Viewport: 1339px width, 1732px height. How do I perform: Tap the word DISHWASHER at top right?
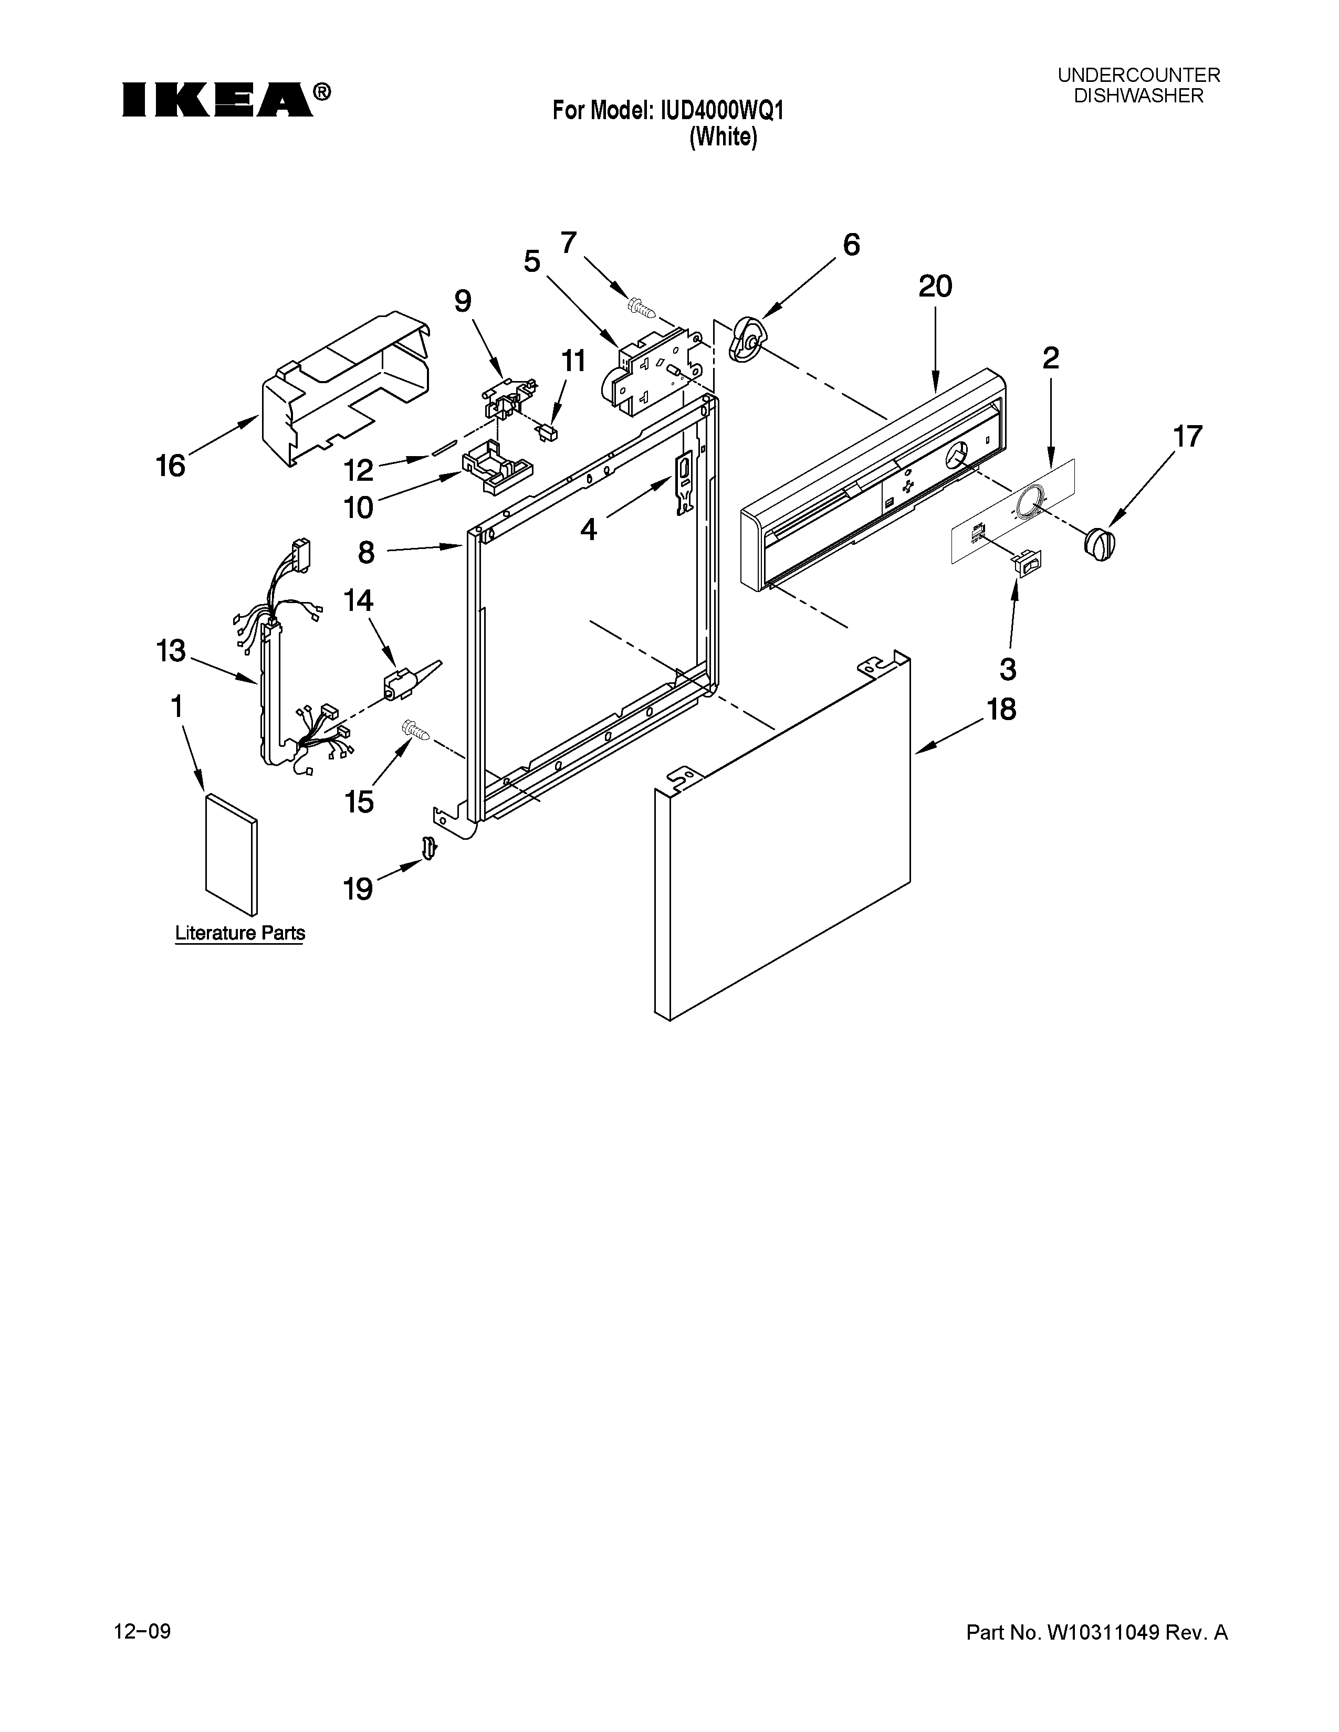pos(1138,97)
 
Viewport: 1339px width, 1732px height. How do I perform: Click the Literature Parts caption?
pos(239,933)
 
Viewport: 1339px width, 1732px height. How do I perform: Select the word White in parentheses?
pos(723,137)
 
